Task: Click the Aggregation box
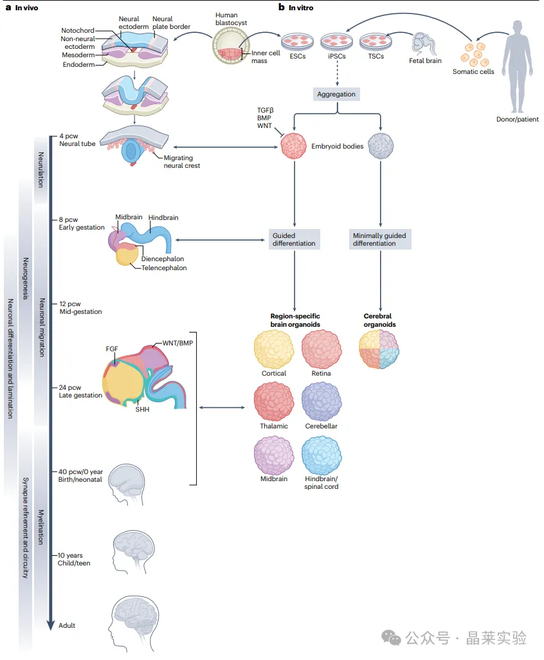tap(336, 94)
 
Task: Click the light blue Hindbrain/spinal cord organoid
tap(321, 455)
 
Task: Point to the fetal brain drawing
tap(425, 43)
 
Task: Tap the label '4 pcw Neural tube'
tap(77, 140)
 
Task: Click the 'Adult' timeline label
tap(68, 625)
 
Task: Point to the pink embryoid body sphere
tap(295, 146)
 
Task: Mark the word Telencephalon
tap(164, 268)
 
